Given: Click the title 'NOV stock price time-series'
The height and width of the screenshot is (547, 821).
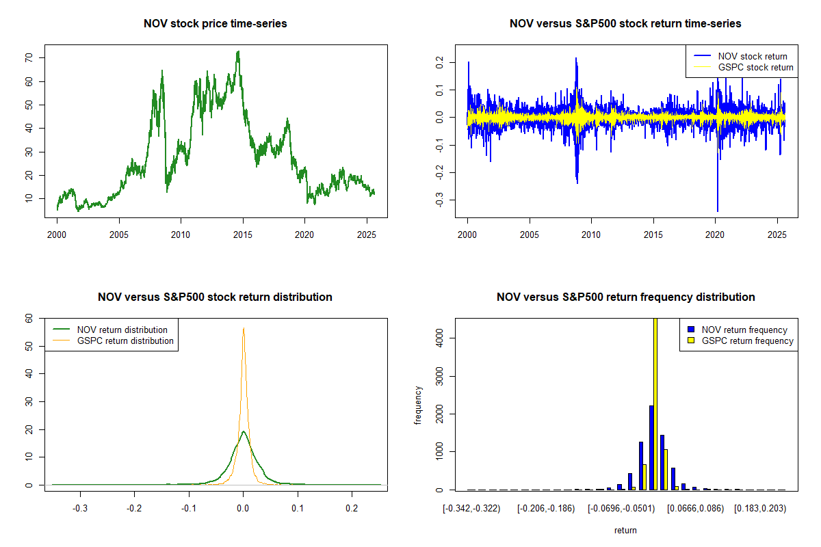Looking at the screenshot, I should coord(216,24).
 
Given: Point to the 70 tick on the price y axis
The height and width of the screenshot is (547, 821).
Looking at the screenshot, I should coord(29,58).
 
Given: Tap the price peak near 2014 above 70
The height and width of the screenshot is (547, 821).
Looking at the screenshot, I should coord(237,51).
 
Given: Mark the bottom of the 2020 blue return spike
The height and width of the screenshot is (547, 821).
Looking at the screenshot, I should coord(718,211).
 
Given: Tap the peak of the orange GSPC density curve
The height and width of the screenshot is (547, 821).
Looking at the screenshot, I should coord(243,328).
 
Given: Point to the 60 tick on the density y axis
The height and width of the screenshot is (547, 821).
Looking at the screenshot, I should coord(29,318).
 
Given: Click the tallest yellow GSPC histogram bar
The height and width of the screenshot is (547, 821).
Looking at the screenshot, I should coord(655,403).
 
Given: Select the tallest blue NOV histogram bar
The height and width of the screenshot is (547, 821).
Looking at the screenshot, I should coord(651,448).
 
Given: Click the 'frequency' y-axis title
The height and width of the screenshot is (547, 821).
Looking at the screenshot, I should coord(419,405).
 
